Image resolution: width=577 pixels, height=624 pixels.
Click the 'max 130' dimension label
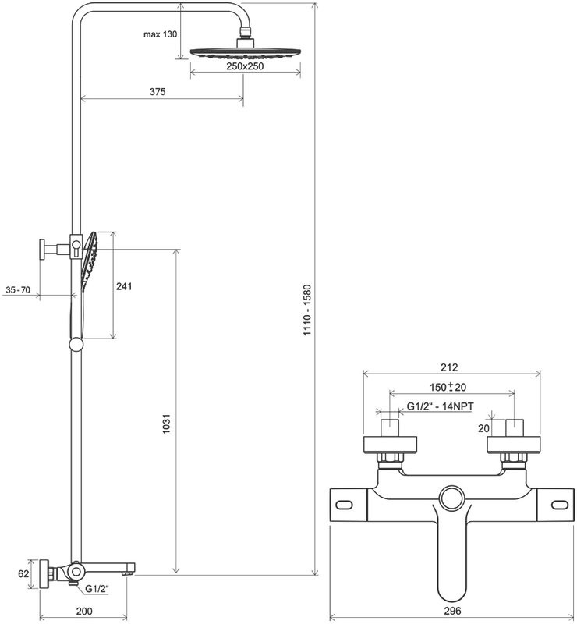[160, 34]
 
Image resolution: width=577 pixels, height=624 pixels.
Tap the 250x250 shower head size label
[245, 66]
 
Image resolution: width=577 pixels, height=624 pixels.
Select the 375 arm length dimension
[158, 92]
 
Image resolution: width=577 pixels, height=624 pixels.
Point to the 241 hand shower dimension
[124, 286]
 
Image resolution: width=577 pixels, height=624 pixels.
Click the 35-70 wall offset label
[18, 289]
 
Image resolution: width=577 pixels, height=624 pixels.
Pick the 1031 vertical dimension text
[166, 424]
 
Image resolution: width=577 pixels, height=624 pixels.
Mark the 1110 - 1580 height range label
[306, 310]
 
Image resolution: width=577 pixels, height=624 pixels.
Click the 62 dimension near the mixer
[23, 573]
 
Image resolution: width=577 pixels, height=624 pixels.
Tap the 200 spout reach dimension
[84, 612]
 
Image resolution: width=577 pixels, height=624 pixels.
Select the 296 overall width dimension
[452, 611]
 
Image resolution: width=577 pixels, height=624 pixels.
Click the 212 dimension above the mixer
[449, 367]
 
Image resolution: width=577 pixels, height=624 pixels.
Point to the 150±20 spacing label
[448, 386]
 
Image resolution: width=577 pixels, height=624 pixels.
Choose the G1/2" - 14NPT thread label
[440, 406]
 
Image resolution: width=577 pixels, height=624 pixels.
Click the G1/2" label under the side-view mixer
[97, 589]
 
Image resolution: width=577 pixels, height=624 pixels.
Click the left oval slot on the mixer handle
[344, 505]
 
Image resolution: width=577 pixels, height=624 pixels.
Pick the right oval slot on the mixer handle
[560, 505]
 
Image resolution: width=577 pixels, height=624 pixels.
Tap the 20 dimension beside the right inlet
[483, 428]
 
